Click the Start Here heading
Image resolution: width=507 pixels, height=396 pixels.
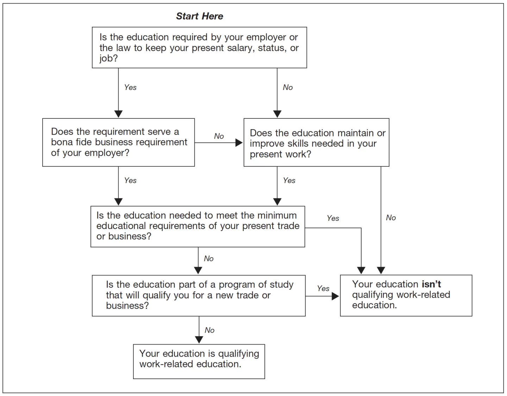pyautogui.click(x=199, y=16)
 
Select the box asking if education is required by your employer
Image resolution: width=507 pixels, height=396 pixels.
pyautogui.click(x=199, y=48)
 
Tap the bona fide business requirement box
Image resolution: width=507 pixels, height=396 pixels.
pyautogui.click(x=118, y=142)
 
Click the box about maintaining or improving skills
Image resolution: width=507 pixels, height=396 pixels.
pyautogui.click(x=316, y=143)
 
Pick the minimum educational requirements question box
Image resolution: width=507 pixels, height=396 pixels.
pyautogui.click(x=198, y=226)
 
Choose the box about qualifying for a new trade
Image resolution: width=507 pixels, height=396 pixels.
pyautogui.click(x=199, y=295)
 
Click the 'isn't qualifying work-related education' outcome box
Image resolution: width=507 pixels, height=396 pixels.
pyautogui.click(x=406, y=295)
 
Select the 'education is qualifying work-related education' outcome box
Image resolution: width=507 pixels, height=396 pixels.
pyautogui.click(x=199, y=361)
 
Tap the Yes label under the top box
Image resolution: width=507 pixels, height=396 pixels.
pyautogui.click(x=130, y=87)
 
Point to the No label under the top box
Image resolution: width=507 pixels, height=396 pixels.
pyautogui.click(x=288, y=87)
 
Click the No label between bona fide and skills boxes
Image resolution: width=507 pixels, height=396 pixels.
pyautogui.click(x=219, y=136)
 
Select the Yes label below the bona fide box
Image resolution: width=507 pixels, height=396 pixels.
pyautogui.click(x=130, y=180)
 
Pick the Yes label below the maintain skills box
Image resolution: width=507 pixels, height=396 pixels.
pyautogui.click(x=289, y=180)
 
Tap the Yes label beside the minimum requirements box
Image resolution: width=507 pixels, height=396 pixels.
pyautogui.click(x=333, y=218)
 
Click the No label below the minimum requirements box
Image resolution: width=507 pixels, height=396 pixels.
pyautogui.click(x=208, y=259)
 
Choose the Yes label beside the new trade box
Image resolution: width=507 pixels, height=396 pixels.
pyautogui.click(x=323, y=289)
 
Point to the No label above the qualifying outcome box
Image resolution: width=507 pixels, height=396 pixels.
pyautogui.click(x=209, y=330)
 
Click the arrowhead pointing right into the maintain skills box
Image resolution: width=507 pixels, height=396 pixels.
pyautogui.click(x=239, y=143)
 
